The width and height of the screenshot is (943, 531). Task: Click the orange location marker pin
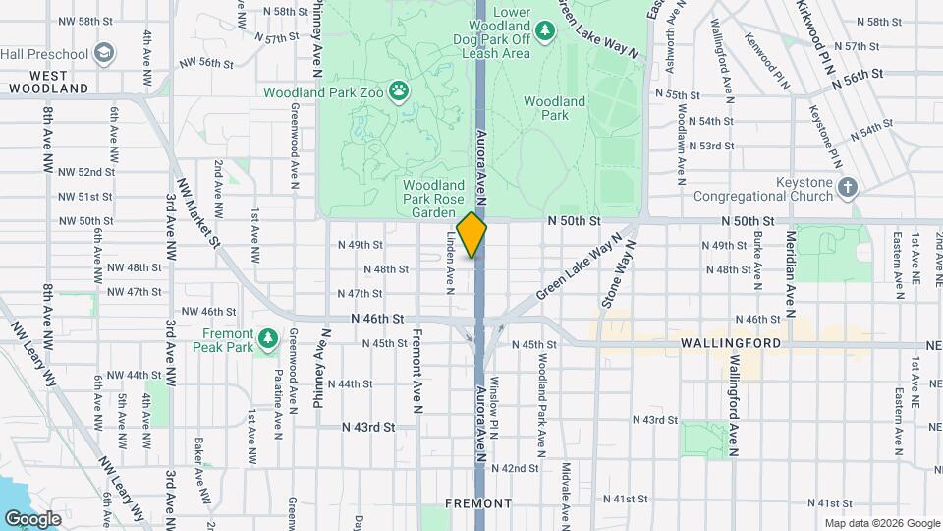[472, 235]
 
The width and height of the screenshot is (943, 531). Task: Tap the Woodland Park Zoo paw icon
[399, 93]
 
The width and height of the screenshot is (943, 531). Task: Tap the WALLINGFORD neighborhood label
[730, 343]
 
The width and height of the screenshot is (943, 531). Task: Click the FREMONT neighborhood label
[478, 503]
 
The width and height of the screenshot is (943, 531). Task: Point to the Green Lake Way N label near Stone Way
[580, 267]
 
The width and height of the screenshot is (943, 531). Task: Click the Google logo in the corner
[32, 518]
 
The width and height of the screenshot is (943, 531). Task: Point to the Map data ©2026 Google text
[881, 523]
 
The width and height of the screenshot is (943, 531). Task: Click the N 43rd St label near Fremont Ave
[368, 428]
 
